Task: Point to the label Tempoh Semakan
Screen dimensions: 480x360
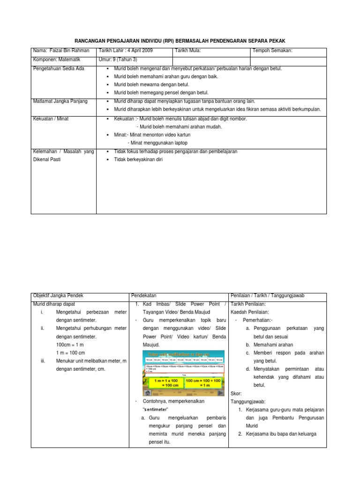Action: (272, 51)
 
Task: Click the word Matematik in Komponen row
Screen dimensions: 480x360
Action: (69, 60)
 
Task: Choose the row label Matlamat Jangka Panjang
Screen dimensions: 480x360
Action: (60, 101)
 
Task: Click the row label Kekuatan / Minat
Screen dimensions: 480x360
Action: (51, 119)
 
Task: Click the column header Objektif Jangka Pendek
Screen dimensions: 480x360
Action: (58, 296)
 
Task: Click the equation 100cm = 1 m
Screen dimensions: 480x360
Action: (71, 344)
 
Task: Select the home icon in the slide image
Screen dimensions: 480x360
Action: (148, 393)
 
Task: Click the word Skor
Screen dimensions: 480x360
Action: (237, 393)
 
